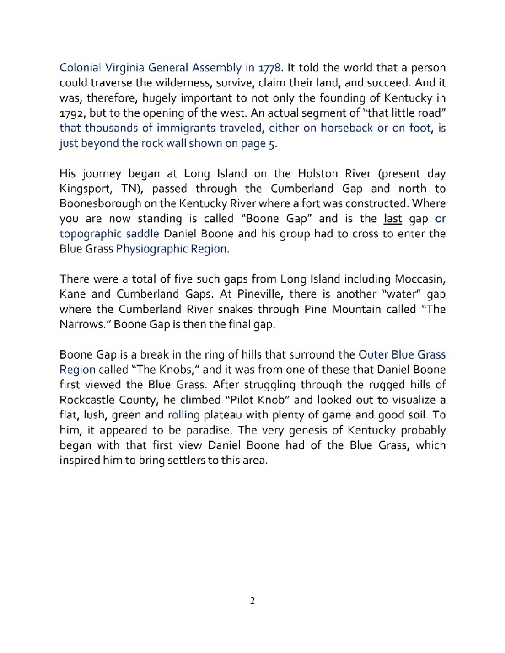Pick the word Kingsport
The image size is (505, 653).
[x=83, y=189]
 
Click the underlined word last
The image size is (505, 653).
[x=392, y=219]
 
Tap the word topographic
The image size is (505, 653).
[x=89, y=234]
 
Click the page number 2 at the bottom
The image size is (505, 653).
[x=252, y=601]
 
